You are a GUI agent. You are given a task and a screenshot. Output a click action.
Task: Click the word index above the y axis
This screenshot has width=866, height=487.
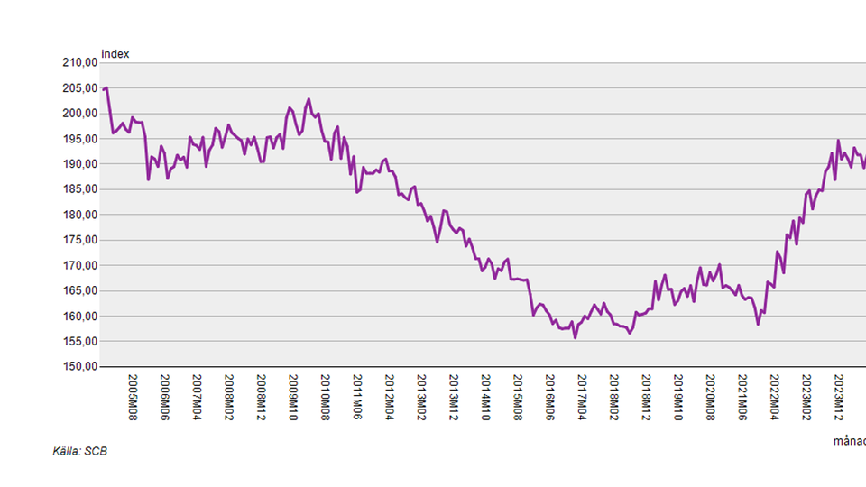point(115,54)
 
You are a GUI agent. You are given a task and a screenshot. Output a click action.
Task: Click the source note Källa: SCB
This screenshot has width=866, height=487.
point(80,451)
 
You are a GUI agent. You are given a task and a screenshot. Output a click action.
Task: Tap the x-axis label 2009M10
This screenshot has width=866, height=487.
point(293,397)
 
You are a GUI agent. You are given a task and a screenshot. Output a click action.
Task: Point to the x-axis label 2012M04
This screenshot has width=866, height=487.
point(389,397)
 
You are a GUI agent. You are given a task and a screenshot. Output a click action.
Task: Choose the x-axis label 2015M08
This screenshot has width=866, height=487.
point(517,397)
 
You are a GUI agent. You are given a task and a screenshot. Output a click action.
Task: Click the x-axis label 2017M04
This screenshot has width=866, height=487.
point(582,397)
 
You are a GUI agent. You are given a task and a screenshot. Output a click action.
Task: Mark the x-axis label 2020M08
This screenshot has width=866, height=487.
point(710,397)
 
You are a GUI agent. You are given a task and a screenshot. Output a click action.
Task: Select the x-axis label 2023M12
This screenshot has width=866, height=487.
point(838,397)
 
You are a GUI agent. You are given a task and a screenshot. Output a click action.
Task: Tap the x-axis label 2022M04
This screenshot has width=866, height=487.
point(774,397)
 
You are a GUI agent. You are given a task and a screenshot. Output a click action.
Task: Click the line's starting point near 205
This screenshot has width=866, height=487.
point(106,87)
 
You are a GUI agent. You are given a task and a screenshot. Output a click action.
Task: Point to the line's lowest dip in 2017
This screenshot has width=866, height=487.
point(576,337)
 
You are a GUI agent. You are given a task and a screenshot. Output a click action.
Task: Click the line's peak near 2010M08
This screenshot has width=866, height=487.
point(309,99)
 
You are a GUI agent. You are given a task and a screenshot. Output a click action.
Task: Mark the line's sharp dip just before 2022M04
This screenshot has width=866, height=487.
point(759,323)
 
